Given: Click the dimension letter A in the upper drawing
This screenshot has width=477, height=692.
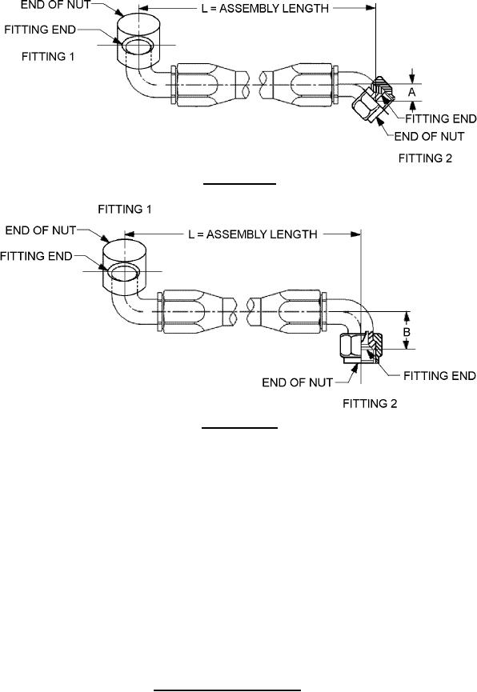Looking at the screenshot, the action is (x=411, y=92).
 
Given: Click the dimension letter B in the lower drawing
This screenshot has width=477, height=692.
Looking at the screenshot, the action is (x=407, y=331).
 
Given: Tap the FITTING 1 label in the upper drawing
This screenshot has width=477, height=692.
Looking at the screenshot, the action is (x=48, y=57).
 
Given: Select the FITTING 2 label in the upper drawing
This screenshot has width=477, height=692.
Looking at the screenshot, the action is (x=425, y=158).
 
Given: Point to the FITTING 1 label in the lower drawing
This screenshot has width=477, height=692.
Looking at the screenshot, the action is (x=125, y=209).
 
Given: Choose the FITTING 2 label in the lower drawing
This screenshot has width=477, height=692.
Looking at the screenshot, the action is (x=370, y=403).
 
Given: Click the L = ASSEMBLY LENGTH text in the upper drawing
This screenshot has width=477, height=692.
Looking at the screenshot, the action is (x=265, y=8).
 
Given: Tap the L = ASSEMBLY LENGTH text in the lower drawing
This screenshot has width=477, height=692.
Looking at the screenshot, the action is (x=253, y=234).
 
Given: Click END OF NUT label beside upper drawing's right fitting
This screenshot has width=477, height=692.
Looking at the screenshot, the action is (x=429, y=136).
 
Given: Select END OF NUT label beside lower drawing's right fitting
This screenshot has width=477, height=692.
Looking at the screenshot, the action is (x=297, y=382).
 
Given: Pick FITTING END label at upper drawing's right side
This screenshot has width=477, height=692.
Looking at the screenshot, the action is (x=441, y=118).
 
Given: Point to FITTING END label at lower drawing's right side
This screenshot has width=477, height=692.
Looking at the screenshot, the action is (x=439, y=375).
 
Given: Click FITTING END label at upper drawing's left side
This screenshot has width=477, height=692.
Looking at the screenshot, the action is (x=40, y=30).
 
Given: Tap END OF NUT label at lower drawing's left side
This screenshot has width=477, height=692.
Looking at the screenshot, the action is (x=41, y=230).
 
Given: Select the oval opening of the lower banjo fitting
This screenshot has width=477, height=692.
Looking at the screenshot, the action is (x=125, y=272).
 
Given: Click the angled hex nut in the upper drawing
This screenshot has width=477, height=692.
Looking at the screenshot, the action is (x=364, y=106).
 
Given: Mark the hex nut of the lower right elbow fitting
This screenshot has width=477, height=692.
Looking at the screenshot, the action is (x=351, y=349).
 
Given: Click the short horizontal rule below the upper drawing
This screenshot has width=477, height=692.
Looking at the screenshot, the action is (x=240, y=182).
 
